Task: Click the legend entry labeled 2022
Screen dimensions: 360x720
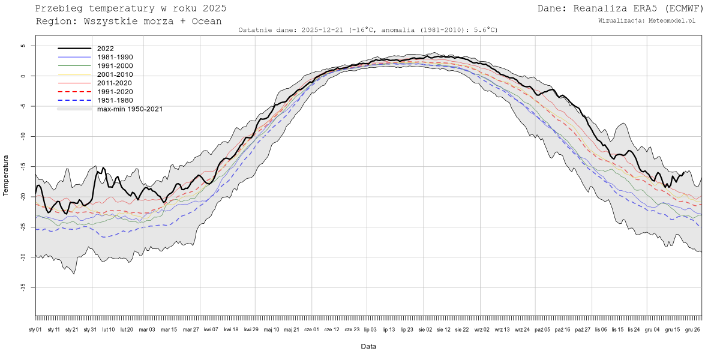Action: tap(105, 49)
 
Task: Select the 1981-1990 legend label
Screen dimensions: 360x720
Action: tap(115, 57)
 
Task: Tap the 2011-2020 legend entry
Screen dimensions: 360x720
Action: tap(115, 83)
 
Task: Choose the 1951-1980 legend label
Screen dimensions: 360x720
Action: tap(115, 100)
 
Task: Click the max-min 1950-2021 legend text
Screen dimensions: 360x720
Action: tap(130, 109)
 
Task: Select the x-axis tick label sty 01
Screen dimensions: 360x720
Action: tap(35, 329)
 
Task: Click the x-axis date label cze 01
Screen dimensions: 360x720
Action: tap(312, 329)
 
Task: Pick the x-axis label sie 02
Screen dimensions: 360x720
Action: tap(424, 329)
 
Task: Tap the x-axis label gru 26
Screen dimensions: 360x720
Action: tap(693, 329)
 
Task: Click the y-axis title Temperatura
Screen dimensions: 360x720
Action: tap(6, 175)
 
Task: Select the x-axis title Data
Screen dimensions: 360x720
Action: tap(368, 346)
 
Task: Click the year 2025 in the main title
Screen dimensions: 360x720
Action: tap(214, 8)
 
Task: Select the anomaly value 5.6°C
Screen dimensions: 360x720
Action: tap(486, 29)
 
